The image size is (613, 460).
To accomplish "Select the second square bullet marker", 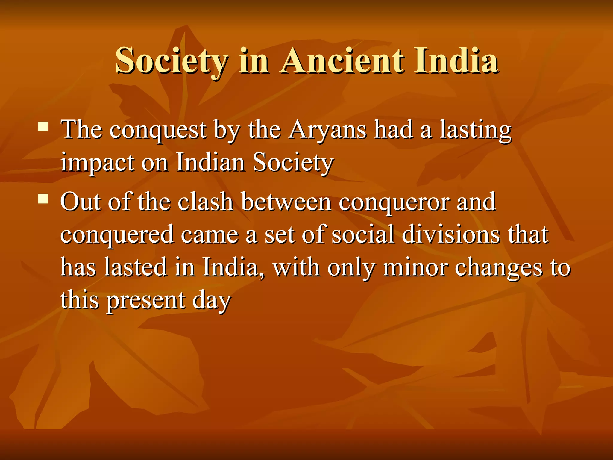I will tap(43, 199).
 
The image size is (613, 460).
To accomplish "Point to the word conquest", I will tap(158, 131).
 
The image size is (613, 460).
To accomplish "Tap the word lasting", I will tap(476, 131).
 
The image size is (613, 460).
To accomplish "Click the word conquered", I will tap(117, 235).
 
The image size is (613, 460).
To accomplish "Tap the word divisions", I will tap(451, 235).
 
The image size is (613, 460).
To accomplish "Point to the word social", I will tap(363, 235).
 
